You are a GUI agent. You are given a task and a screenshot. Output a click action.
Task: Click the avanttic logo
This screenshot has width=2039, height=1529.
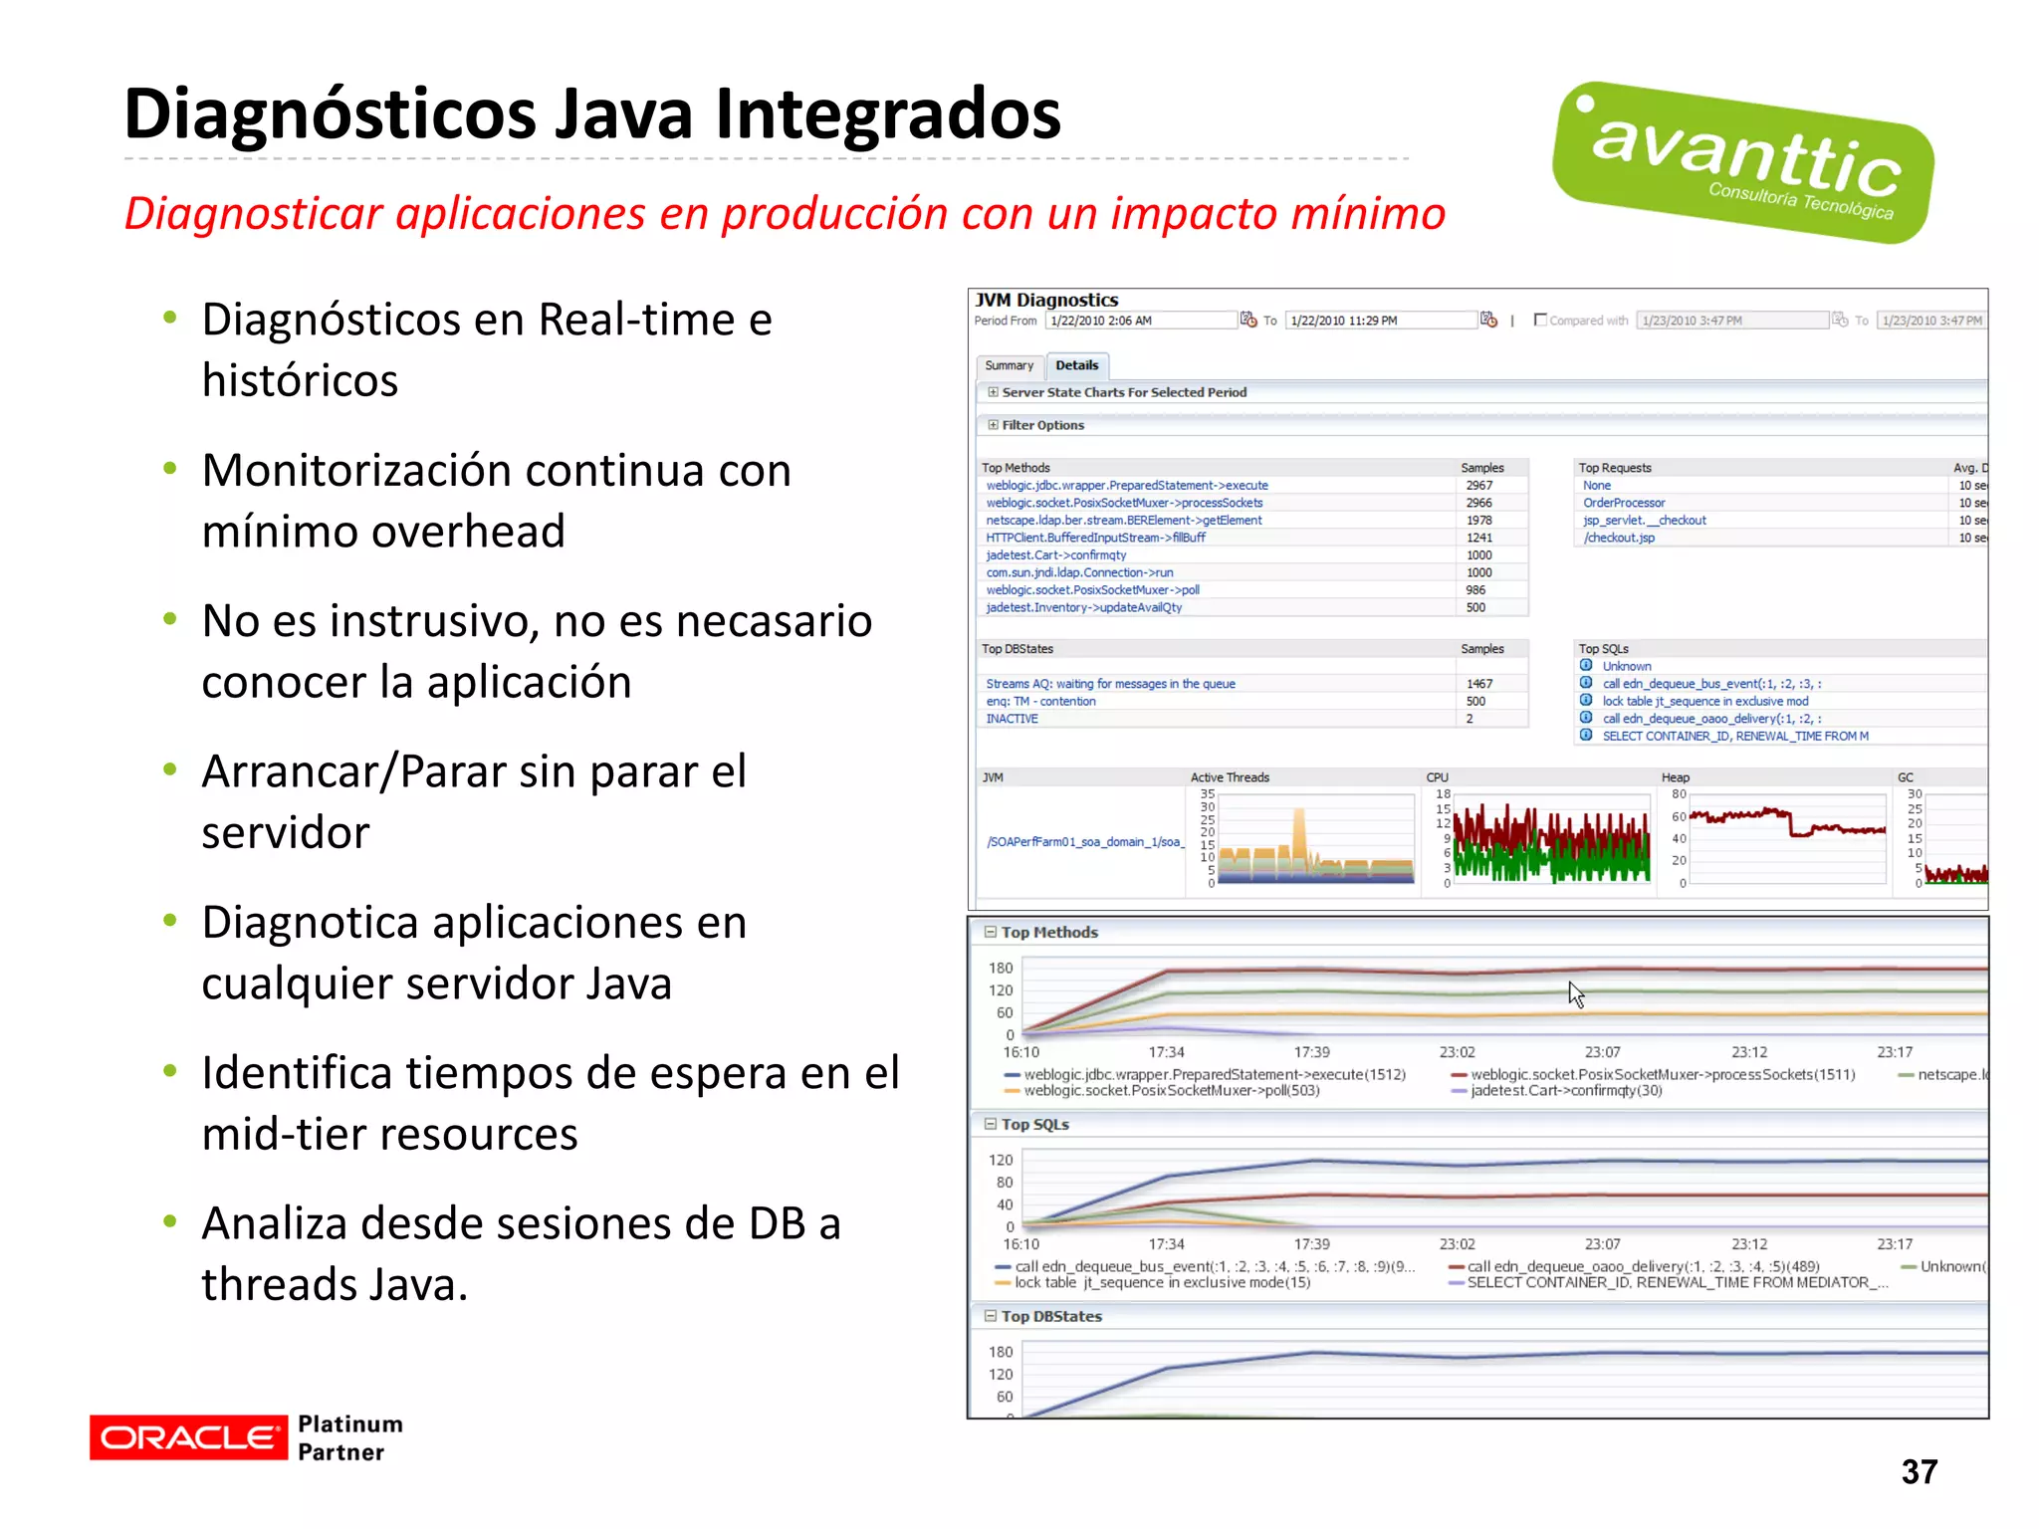click(x=1742, y=162)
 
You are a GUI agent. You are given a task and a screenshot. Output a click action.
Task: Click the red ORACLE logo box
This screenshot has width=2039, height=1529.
click(x=187, y=1437)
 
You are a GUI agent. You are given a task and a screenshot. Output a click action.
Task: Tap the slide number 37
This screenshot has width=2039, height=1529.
click(x=1919, y=1471)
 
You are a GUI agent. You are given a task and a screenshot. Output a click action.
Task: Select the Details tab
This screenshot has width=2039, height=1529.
click(x=1076, y=365)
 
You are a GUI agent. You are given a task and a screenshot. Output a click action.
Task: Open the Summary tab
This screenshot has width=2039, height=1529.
click(x=1009, y=365)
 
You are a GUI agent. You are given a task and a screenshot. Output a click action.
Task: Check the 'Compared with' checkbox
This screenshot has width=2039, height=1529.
click(x=1540, y=320)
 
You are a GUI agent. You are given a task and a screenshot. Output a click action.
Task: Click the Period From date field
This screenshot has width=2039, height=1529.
click(x=1141, y=321)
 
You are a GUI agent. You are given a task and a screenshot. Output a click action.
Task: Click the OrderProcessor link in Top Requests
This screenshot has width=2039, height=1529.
click(x=1624, y=503)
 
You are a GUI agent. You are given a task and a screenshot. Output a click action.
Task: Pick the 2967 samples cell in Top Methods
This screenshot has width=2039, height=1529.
click(x=1478, y=486)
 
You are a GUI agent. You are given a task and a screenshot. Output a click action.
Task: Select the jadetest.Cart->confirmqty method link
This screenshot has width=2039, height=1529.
click(x=1055, y=555)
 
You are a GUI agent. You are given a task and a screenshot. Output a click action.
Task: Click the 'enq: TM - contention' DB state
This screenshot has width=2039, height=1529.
click(x=1040, y=701)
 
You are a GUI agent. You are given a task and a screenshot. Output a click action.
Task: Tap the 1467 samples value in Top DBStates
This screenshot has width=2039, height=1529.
click(x=1478, y=684)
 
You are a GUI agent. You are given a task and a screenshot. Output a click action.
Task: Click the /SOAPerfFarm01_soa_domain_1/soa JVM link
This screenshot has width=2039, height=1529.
click(x=1084, y=842)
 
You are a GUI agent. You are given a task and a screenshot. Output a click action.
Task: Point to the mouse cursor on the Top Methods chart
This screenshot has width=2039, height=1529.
click(x=1574, y=992)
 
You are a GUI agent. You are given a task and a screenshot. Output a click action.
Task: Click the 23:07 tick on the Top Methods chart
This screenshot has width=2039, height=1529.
click(x=1602, y=1052)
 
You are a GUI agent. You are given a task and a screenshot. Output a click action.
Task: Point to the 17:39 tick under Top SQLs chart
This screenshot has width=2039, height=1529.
click(x=1311, y=1244)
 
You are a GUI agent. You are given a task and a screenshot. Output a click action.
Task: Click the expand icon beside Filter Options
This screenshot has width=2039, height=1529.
click(x=993, y=425)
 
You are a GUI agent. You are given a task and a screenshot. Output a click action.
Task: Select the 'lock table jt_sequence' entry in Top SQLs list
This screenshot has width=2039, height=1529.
click(x=1704, y=701)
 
